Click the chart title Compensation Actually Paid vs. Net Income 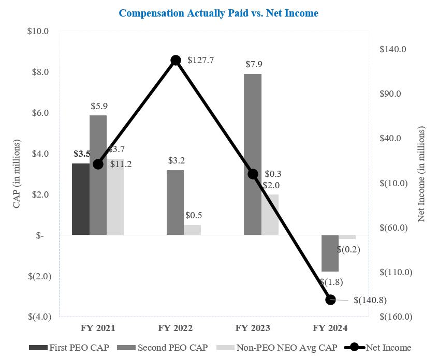(x=218, y=13)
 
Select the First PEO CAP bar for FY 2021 (x=80, y=199)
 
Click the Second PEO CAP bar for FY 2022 (x=176, y=203)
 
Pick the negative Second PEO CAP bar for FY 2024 (x=330, y=253)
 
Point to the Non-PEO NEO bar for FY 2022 (x=193, y=230)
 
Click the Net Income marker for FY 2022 (x=176, y=61)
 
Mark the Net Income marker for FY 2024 (x=330, y=299)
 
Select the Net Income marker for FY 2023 (x=253, y=174)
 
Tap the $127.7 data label (x=200, y=61)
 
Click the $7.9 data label (x=254, y=65)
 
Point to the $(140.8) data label (x=370, y=300)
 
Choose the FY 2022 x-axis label (x=176, y=328)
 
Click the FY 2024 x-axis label (x=330, y=328)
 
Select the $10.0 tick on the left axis (x=38, y=31)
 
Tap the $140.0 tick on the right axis (x=393, y=49)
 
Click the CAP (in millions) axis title (x=17, y=174)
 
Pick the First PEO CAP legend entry (x=70, y=348)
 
